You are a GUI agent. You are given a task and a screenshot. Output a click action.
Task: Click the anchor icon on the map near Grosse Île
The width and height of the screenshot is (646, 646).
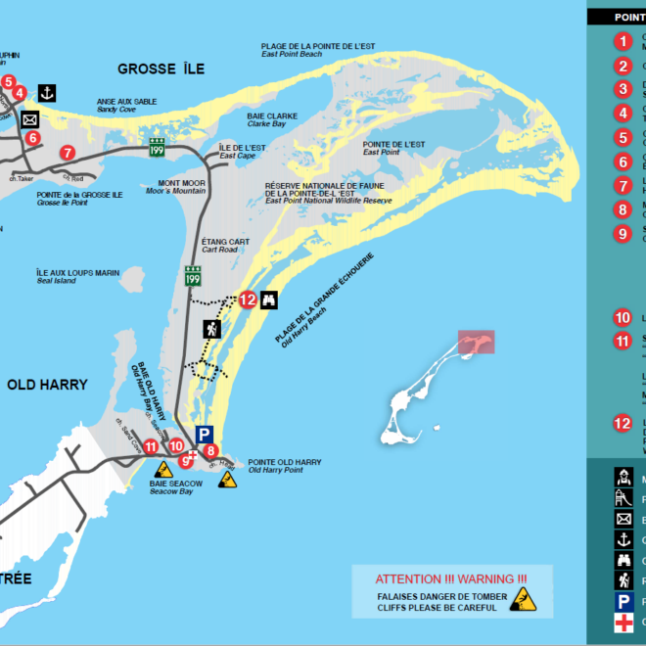click(45, 93)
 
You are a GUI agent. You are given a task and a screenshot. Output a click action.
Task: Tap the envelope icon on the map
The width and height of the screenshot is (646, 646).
click(29, 119)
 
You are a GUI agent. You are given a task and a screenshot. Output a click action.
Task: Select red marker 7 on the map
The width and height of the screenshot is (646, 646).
click(67, 152)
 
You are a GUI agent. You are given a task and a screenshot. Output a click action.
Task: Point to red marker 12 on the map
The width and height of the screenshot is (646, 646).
click(247, 300)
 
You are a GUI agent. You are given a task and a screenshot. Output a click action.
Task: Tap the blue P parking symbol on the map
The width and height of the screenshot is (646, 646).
click(203, 434)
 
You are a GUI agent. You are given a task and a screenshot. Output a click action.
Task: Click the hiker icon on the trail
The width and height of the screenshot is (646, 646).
click(210, 329)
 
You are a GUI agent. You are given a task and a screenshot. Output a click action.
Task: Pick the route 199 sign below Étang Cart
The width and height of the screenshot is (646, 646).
click(194, 280)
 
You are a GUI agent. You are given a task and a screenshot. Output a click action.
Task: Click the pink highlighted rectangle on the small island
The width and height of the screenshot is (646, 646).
click(476, 342)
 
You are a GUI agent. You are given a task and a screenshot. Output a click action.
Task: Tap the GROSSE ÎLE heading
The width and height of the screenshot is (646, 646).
click(161, 69)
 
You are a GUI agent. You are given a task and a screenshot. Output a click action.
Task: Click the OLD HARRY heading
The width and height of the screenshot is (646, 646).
click(47, 385)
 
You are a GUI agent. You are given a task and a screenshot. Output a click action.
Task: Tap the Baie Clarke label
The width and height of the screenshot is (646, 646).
click(246, 120)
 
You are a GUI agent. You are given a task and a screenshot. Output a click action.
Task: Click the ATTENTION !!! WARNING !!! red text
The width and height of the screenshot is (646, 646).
click(450, 578)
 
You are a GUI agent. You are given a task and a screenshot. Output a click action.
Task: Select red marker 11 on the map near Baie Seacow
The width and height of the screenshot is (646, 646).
click(152, 447)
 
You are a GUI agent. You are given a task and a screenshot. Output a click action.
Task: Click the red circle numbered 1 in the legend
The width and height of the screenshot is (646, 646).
click(623, 41)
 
